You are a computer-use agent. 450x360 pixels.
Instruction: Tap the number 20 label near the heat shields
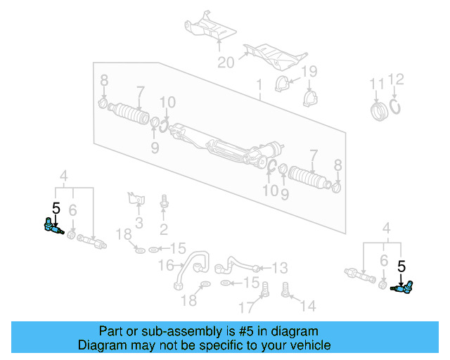[x=225, y=63]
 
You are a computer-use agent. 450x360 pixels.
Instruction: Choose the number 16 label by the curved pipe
[x=165, y=265]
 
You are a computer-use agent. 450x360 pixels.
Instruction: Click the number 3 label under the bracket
[x=139, y=223]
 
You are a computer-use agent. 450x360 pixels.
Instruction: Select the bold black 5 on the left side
[x=56, y=207]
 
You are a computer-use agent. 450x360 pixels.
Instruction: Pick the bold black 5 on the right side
[x=402, y=266]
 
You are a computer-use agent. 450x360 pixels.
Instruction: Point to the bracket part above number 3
[x=134, y=198]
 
